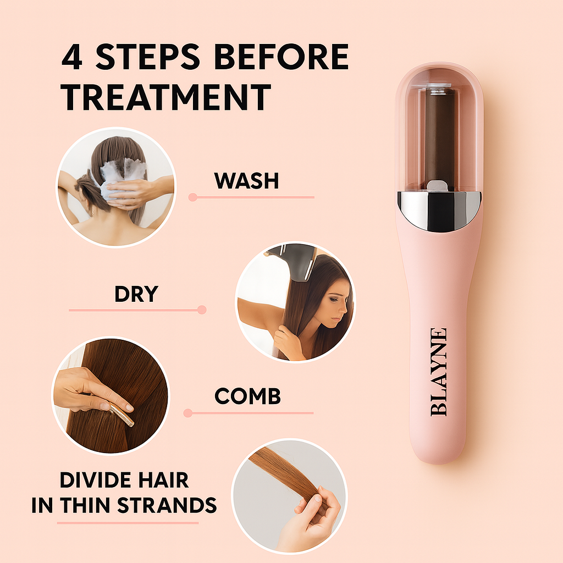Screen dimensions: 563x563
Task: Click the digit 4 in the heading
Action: click(x=72, y=57)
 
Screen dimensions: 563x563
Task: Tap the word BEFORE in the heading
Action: click(x=281, y=57)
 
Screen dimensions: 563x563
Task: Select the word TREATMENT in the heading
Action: click(x=166, y=97)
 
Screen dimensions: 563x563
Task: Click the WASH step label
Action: click(x=246, y=180)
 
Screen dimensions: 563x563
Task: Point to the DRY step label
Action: click(x=136, y=294)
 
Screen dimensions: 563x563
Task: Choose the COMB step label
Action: click(x=247, y=396)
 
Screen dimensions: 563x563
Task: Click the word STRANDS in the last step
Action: click(x=167, y=505)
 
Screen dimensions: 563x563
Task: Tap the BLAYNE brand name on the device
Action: click(x=438, y=372)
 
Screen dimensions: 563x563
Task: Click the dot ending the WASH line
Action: click(x=193, y=197)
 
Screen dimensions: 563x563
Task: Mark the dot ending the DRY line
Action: click(x=202, y=310)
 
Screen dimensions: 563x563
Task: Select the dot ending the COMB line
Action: click(x=188, y=413)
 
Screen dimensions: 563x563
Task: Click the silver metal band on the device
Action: click(x=439, y=210)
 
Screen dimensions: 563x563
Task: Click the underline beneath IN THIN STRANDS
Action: click(x=128, y=523)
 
